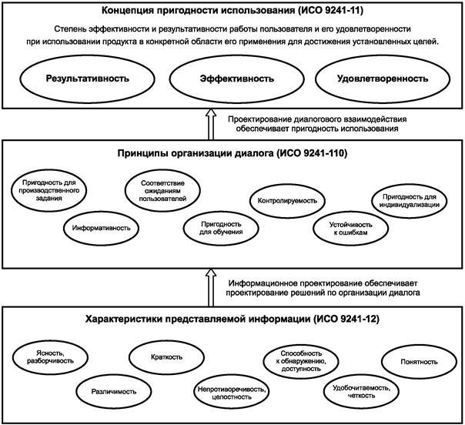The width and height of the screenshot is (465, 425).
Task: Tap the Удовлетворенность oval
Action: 383,79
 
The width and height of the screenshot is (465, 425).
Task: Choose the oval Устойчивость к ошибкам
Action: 346,228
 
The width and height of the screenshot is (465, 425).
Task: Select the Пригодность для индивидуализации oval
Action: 405,201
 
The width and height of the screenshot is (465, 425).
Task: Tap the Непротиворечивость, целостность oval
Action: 232,391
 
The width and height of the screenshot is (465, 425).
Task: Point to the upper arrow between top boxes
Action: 213,123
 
